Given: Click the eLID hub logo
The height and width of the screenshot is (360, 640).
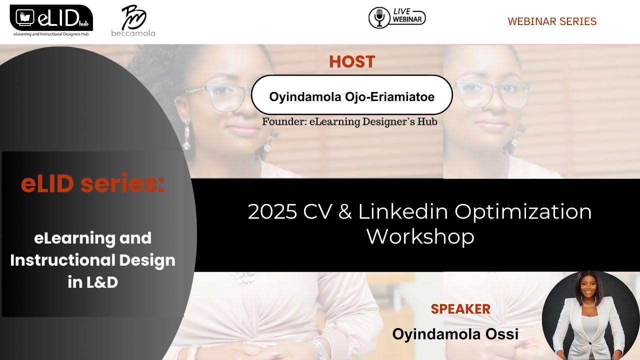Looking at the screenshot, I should (x=51, y=19).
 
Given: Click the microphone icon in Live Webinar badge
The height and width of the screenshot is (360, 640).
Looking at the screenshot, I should (x=379, y=18).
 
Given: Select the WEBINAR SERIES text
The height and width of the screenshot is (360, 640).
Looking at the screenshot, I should (x=552, y=21).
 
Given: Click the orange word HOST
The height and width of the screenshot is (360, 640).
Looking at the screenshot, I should (x=352, y=62).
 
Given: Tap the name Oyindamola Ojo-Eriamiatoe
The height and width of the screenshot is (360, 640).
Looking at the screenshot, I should (x=351, y=96).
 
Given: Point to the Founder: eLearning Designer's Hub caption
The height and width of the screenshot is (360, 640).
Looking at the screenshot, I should (x=349, y=121).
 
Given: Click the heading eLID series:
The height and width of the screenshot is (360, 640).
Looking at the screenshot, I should (x=93, y=184).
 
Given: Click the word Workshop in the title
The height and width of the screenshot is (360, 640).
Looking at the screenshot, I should (x=420, y=236).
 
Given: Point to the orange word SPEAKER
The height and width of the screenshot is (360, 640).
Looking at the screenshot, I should (x=460, y=309).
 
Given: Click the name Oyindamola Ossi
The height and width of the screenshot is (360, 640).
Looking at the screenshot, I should (x=455, y=333).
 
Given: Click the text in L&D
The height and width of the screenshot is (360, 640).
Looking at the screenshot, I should (x=93, y=282).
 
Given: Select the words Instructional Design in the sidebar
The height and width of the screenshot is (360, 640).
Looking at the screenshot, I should (x=93, y=260).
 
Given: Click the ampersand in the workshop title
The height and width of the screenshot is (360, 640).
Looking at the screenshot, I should (x=344, y=212).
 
